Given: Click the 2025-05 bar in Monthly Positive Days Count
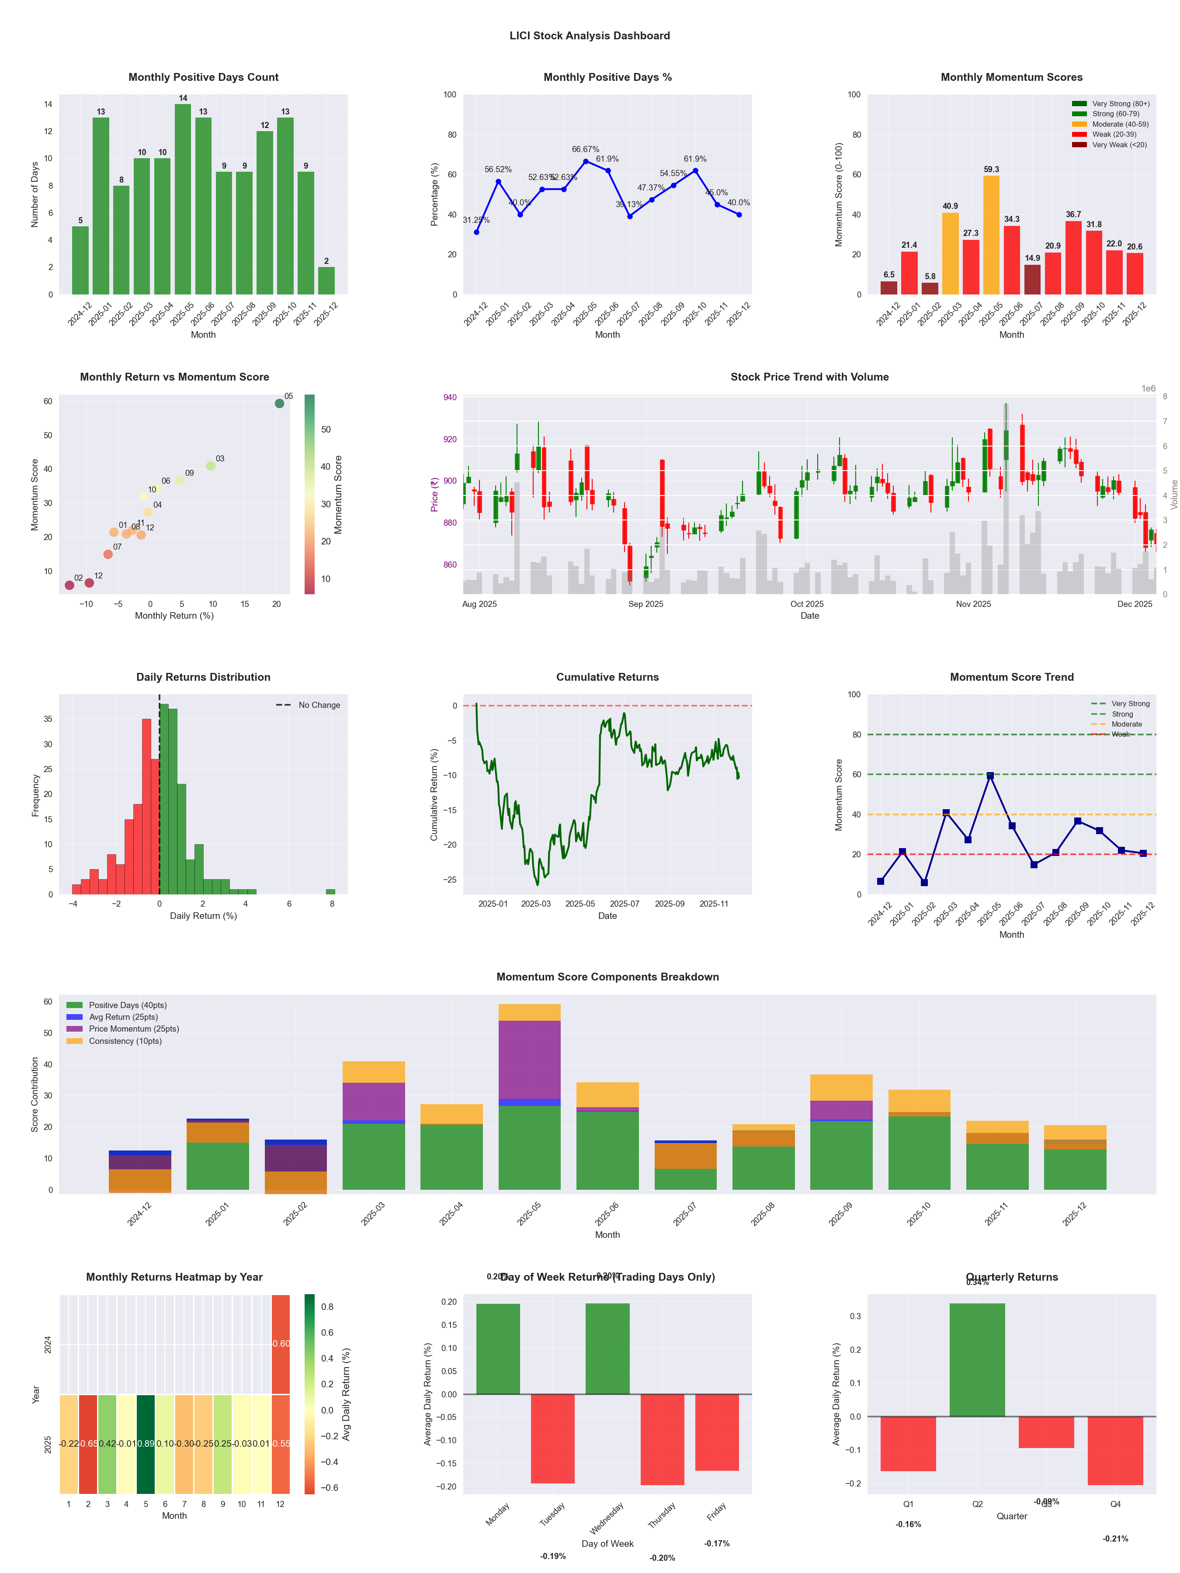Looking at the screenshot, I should coord(183,199).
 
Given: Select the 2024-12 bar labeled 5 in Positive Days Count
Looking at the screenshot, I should coord(80,260).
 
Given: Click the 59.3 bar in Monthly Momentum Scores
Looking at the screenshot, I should coord(991,235).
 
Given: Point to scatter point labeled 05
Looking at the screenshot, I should coord(280,403).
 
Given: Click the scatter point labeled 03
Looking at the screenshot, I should coord(211,466).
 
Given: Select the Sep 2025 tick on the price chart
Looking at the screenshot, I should coord(645,604).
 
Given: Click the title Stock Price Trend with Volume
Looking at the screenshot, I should coord(809,377).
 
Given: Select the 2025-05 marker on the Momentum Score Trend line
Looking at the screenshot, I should coord(990,776).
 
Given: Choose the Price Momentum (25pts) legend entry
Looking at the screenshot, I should coord(134,1029).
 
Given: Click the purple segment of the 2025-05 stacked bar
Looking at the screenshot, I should coord(529,1060).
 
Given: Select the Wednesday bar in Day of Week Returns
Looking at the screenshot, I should coord(607,1348).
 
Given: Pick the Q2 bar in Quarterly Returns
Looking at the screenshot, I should coord(977,1360).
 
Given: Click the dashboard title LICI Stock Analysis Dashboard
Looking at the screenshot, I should coord(590,35).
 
